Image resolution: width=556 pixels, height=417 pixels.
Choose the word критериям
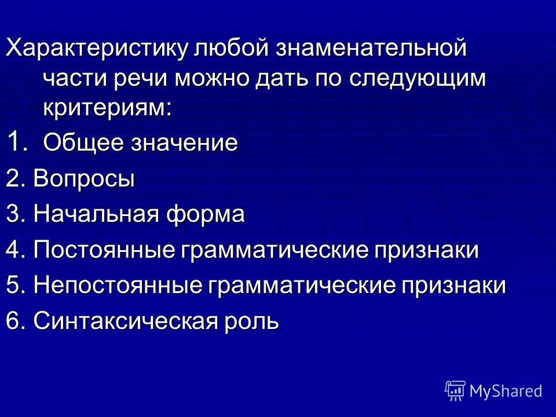click(x=107, y=108)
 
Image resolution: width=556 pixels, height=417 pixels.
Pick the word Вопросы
click(x=84, y=178)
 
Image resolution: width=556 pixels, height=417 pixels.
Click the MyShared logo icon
click(x=455, y=390)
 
